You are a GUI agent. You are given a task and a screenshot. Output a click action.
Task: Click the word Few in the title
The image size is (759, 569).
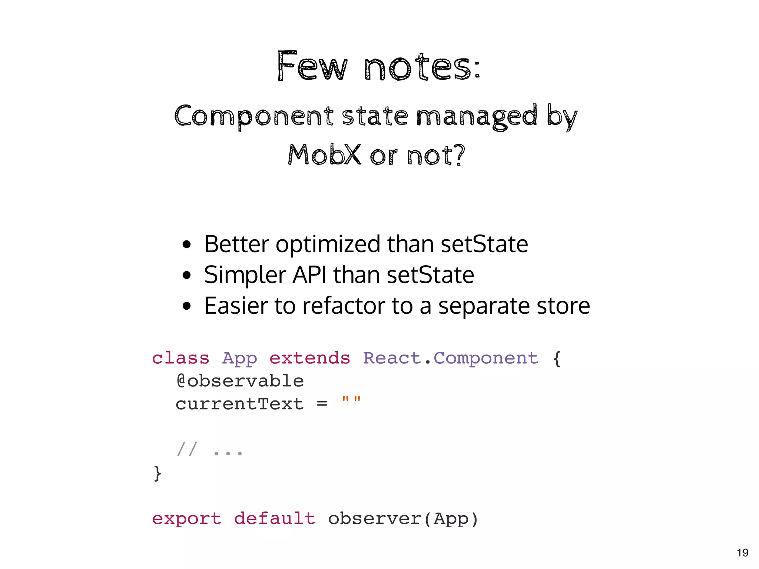tap(312, 67)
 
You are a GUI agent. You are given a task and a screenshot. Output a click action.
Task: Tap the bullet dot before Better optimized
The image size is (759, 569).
tap(187, 244)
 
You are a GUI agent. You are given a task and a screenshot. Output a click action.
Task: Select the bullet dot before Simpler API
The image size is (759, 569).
tap(187, 275)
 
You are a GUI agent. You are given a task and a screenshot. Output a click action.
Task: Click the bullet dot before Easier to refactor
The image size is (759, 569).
tap(187, 306)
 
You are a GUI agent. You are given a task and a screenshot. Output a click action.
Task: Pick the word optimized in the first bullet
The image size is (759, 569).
tap(328, 244)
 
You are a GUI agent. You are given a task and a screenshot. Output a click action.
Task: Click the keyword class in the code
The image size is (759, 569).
tap(180, 358)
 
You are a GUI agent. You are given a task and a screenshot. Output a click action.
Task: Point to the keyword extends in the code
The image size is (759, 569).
tap(309, 358)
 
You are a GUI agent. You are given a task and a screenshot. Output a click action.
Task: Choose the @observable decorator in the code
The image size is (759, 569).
tap(240, 381)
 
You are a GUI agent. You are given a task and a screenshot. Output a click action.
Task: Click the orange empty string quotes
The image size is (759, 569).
tap(351, 401)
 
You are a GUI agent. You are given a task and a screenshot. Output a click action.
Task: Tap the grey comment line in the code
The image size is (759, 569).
tap(209, 450)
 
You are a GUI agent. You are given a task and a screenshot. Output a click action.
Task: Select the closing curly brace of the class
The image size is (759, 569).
tap(158, 473)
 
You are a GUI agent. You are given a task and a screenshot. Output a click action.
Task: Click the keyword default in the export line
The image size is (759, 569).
tap(275, 518)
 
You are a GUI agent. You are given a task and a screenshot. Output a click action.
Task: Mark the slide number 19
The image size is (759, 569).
tap(742, 553)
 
